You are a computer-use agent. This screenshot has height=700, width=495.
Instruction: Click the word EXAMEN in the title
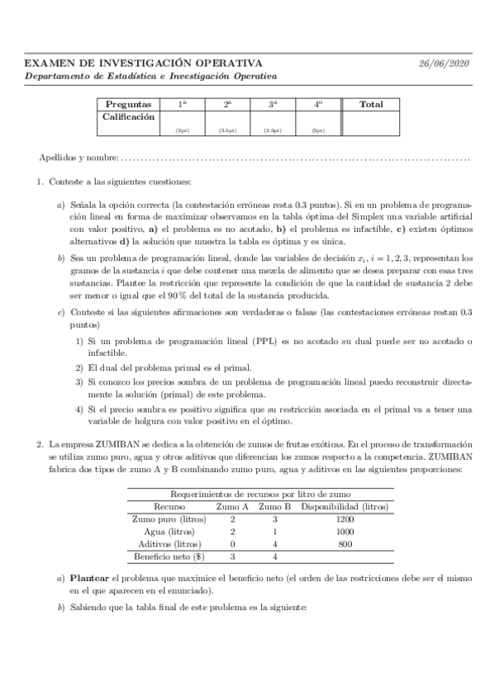48,64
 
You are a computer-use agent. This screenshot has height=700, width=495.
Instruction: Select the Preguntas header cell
128,105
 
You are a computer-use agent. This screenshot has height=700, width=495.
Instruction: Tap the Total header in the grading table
372,105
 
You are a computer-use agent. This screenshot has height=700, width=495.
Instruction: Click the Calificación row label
128,117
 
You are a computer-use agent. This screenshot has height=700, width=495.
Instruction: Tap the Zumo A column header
232,506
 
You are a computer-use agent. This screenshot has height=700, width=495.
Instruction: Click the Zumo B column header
274,506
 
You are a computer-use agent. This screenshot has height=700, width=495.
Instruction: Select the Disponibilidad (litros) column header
345,506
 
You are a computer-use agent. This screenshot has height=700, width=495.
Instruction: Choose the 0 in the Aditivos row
232,545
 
